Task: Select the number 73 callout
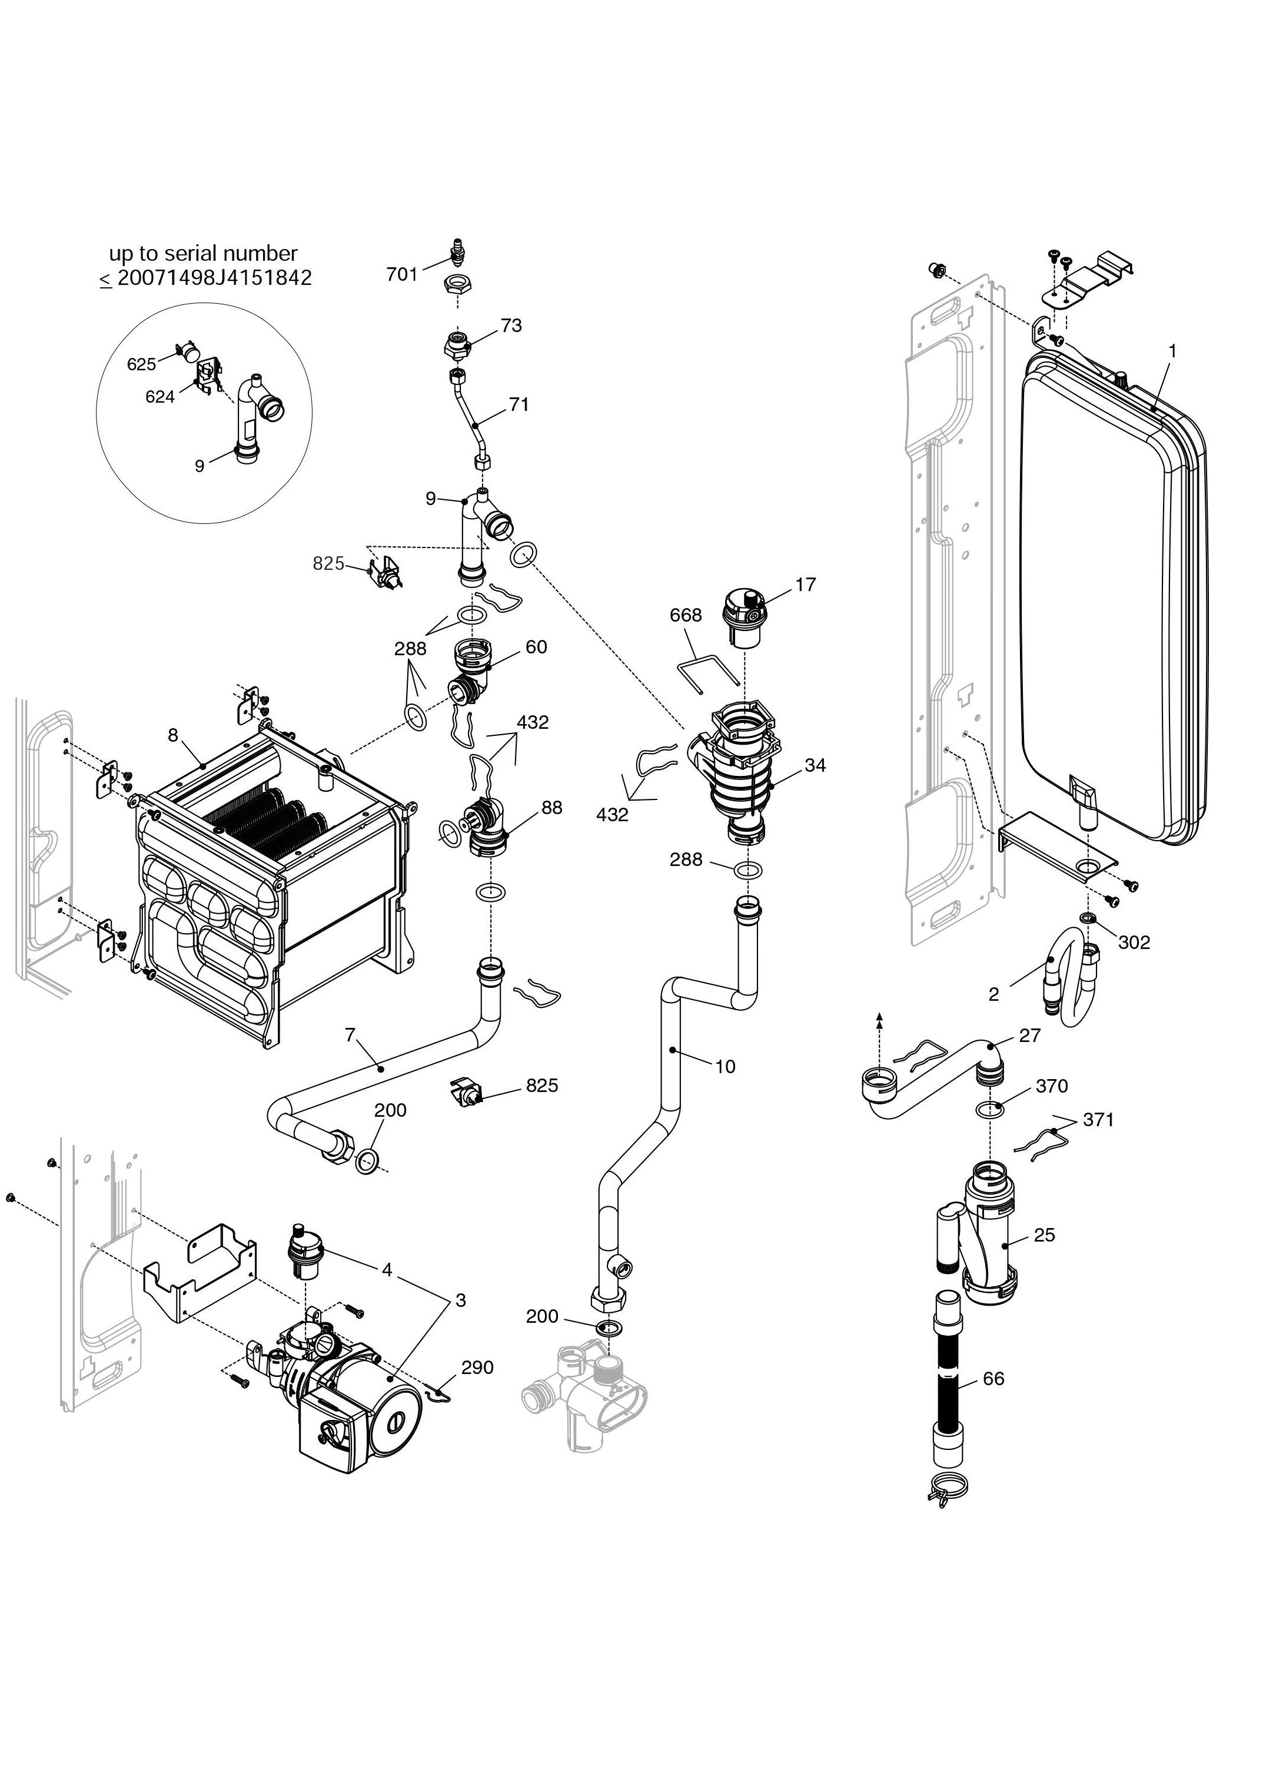point(511,326)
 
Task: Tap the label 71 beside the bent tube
point(519,405)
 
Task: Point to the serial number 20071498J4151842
point(214,278)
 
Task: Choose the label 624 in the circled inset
point(159,397)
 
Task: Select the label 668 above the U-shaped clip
point(685,615)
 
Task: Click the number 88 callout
point(551,808)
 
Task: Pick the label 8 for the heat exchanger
point(173,735)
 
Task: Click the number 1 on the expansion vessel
point(1172,351)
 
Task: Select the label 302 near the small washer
point(1134,943)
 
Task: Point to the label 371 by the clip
point(1098,1119)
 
